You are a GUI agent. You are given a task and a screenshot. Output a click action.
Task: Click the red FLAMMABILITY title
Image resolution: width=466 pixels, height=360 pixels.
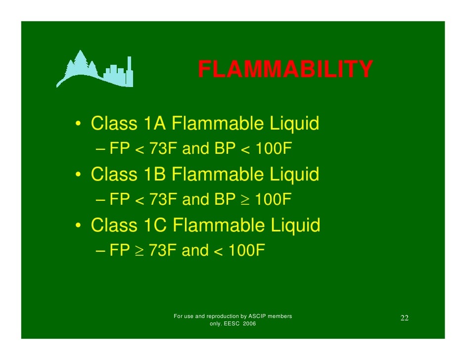coord(285,70)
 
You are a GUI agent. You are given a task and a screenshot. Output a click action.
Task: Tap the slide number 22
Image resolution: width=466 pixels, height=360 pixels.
coord(404,317)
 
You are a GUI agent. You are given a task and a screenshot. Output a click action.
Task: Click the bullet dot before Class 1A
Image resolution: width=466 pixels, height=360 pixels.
coord(79,124)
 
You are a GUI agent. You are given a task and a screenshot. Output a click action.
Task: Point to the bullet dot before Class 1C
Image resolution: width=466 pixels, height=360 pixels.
coord(79,226)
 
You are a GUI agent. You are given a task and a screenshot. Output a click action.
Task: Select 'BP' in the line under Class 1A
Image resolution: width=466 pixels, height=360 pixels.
coord(224,149)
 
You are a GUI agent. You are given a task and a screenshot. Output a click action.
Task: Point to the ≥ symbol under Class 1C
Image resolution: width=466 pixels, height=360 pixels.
coord(139,251)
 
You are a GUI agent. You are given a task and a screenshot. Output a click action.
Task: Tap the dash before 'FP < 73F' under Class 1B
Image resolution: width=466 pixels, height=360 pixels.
coord(100,200)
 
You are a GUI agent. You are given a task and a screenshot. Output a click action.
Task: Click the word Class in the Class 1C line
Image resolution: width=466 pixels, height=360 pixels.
coord(114,225)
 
